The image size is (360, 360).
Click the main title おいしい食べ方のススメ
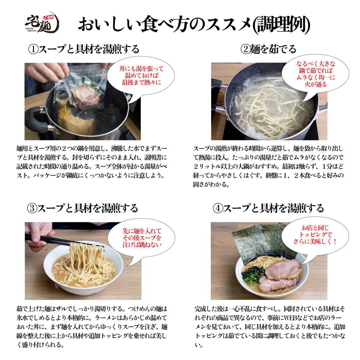coord(194,25)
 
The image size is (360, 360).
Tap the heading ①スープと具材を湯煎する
coord(84,49)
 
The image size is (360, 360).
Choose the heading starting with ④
coord(268,208)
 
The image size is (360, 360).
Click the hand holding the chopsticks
coord(37,233)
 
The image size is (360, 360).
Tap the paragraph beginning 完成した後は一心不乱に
coord(268,327)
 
